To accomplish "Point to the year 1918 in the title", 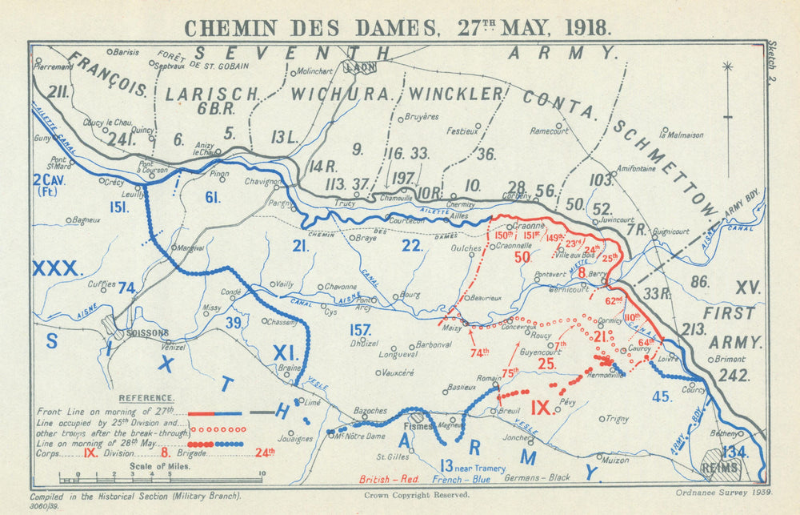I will (586, 26).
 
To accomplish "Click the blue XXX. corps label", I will (58, 268).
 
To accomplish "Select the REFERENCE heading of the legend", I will (146, 398).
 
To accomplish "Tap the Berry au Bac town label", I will (597, 273).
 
